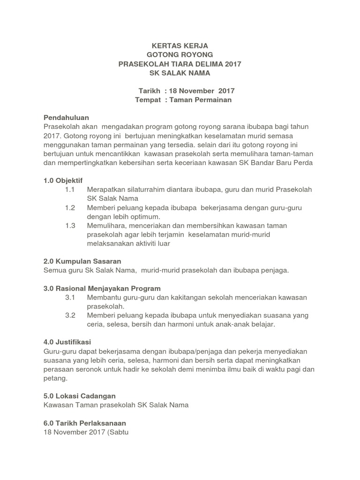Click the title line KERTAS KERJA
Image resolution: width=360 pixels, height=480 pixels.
tap(180, 45)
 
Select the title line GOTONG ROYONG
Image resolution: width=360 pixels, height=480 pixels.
tap(180, 55)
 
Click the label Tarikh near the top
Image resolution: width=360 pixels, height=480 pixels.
tap(150, 91)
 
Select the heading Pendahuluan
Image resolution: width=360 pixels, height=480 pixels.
tap(66, 118)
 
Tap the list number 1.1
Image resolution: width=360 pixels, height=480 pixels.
tap(70, 189)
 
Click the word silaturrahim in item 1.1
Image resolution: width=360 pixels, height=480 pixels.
tap(140, 189)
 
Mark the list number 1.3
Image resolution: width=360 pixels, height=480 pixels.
tap(70, 225)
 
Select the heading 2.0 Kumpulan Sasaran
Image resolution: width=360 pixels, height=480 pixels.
tap(82, 261)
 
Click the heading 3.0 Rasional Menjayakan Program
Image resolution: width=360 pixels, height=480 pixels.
tap(102, 288)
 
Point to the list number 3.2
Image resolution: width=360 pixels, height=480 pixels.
tap(70, 315)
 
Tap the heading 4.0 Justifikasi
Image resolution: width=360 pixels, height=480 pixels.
tap(67, 342)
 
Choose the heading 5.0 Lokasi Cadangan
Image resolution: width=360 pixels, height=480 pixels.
tap(79, 396)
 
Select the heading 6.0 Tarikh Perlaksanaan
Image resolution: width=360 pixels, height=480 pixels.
tap(84, 423)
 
